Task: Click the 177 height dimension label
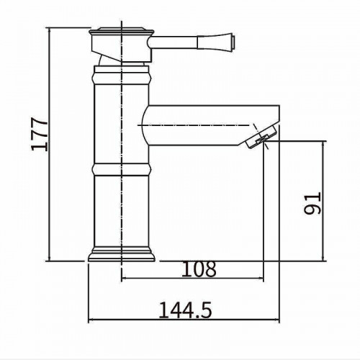[x=40, y=134]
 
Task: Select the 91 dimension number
[x=312, y=203]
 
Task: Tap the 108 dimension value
[x=199, y=269]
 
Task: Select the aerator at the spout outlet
[x=261, y=138]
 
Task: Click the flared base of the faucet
[x=122, y=254]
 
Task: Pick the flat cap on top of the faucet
[x=122, y=31]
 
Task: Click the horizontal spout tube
[x=211, y=125]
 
